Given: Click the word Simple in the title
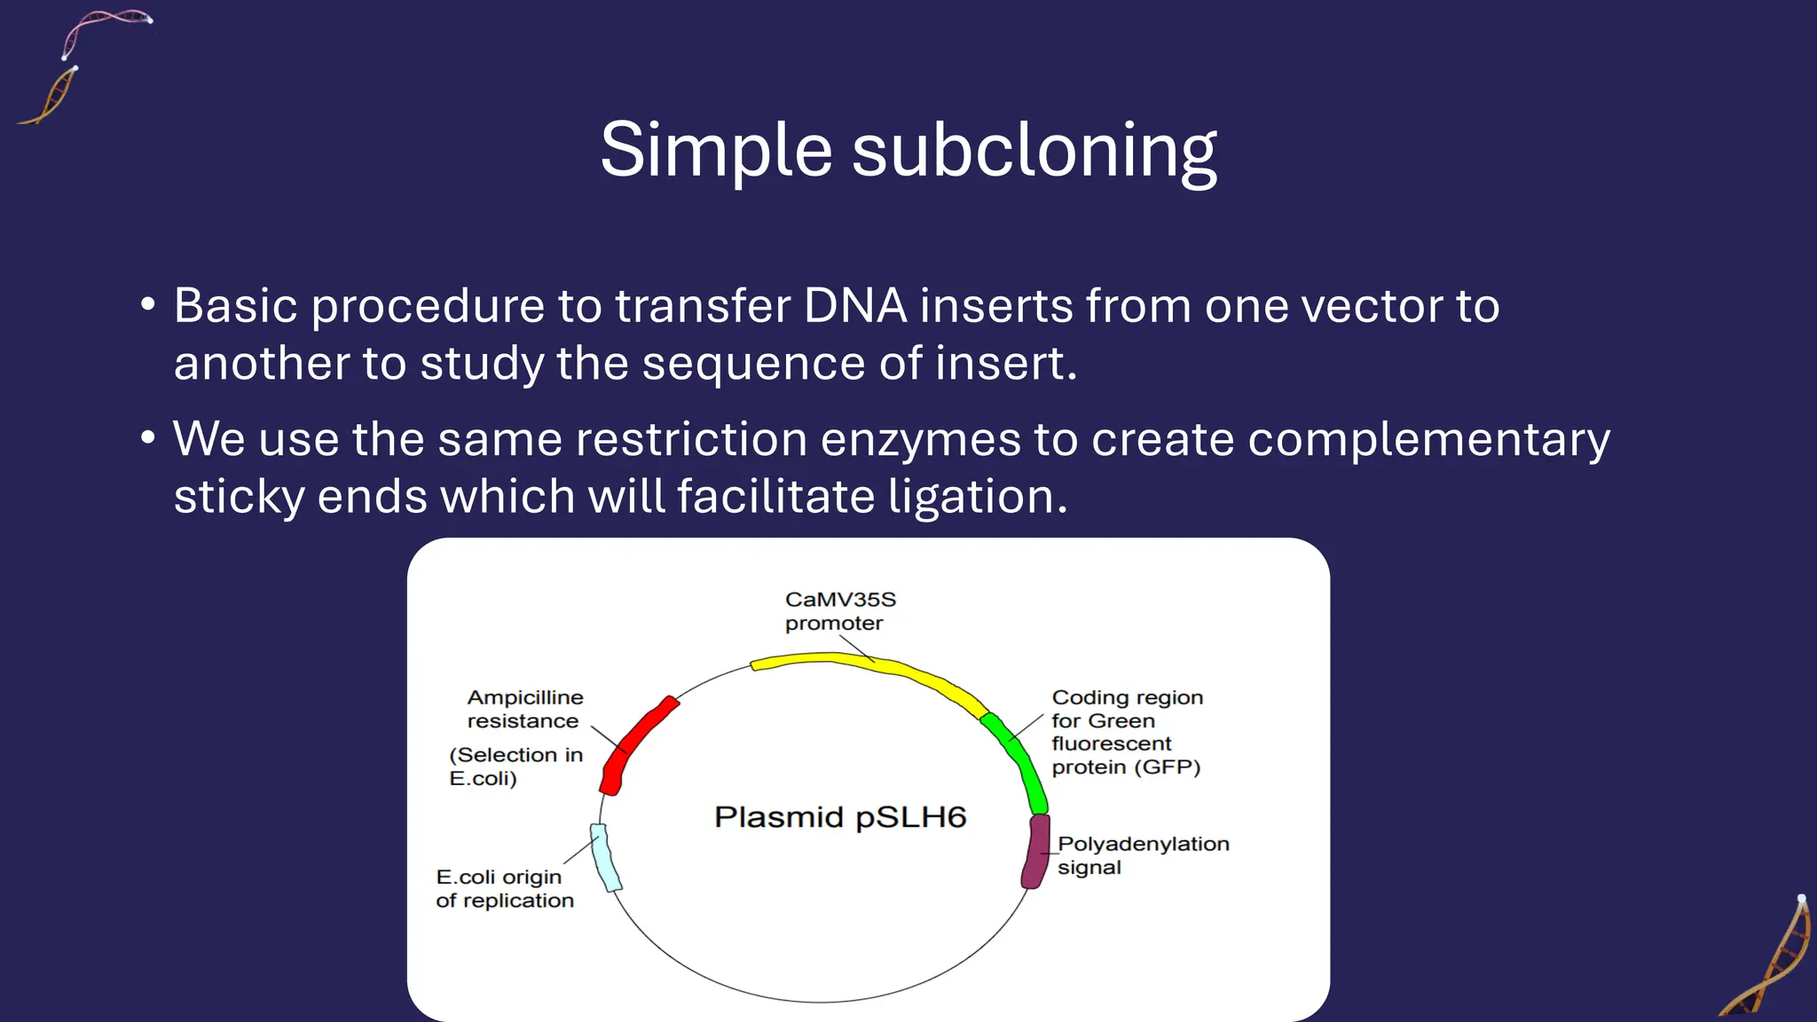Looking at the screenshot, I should [715, 151].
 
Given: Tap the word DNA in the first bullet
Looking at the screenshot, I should [854, 306].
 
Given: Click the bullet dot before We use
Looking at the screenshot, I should [148, 438].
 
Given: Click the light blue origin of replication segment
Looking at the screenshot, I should [606, 857].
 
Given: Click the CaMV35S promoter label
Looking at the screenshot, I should [839, 611].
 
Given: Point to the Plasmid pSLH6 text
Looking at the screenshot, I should [839, 817].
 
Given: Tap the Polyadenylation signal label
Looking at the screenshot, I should [1142, 855].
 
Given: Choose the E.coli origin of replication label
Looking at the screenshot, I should [504, 889].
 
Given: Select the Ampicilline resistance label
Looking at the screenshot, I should [524, 709].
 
